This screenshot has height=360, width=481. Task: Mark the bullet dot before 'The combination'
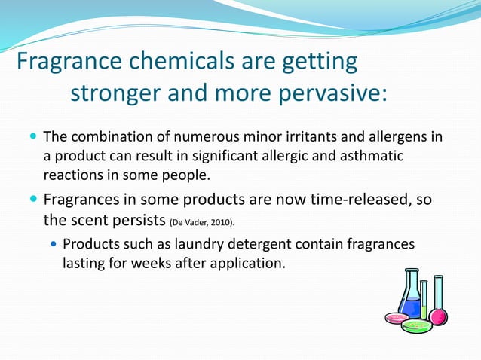(x=32, y=138)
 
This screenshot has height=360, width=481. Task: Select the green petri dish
(x=415, y=325)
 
